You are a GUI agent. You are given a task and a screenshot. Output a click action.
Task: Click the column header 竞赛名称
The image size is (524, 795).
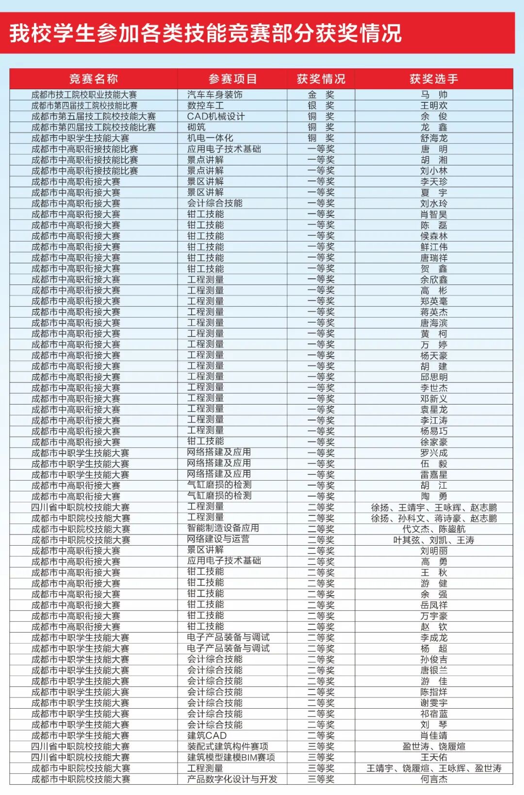pos(93,79)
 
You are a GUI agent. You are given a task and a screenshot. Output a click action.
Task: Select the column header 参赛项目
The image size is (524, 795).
pos(232,79)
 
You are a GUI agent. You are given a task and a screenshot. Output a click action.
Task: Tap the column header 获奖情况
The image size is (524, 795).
pos(321,79)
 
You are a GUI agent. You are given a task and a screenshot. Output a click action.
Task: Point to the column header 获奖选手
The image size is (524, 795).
pos(433,79)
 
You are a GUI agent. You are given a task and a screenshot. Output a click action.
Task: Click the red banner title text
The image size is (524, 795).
pos(206,33)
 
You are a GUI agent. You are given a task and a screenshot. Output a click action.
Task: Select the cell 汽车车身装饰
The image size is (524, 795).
pos(215,95)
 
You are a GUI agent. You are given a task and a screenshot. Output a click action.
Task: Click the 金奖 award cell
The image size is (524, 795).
pos(321,95)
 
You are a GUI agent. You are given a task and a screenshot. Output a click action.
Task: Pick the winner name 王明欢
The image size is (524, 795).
pos(433,105)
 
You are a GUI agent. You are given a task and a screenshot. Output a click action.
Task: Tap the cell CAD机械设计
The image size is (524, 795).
pos(216,116)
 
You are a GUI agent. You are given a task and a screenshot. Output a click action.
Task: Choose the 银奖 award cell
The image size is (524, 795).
pos(321,105)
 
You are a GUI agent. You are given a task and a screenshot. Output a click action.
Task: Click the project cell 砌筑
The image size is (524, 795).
pos(196,127)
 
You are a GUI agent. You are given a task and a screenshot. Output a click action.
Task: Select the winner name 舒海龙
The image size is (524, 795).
pos(433,138)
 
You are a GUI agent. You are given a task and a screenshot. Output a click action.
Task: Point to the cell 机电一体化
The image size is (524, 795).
pos(210,138)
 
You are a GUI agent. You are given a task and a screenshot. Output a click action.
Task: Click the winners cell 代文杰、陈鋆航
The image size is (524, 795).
pos(433,529)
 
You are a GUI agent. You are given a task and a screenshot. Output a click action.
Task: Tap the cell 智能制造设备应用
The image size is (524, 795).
pos(223,528)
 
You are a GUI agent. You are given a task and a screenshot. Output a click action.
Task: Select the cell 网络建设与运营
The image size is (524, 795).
pos(218,539)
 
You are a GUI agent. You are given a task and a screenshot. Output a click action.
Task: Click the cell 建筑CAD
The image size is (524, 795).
pos(207,735)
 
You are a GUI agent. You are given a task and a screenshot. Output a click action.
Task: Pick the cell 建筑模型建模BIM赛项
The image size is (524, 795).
pos(231,757)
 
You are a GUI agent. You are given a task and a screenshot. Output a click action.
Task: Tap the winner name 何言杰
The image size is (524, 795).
pos(433,779)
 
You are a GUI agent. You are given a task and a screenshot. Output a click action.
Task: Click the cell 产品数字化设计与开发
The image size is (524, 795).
pos(232,779)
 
